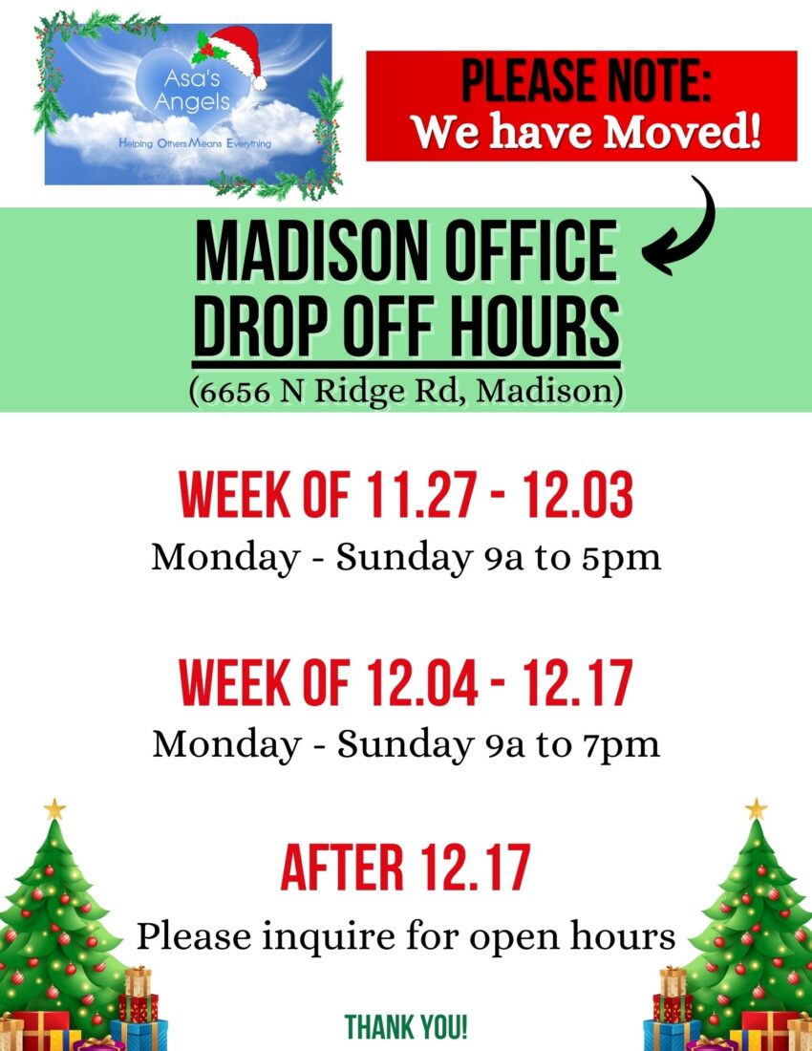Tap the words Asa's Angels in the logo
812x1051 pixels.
click(x=192, y=91)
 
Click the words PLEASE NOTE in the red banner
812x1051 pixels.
click(x=587, y=81)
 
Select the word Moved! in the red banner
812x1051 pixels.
click(x=682, y=132)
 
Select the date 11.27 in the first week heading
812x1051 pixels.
click(x=422, y=495)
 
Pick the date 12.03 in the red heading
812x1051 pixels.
click(x=578, y=495)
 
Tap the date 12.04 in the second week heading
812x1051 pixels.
click(x=422, y=683)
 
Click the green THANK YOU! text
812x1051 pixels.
click(x=406, y=1027)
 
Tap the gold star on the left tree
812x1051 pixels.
click(x=54, y=809)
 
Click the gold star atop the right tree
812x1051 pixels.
click(x=756, y=809)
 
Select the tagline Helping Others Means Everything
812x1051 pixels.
click(x=195, y=143)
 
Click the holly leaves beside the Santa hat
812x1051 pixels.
click(x=207, y=47)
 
